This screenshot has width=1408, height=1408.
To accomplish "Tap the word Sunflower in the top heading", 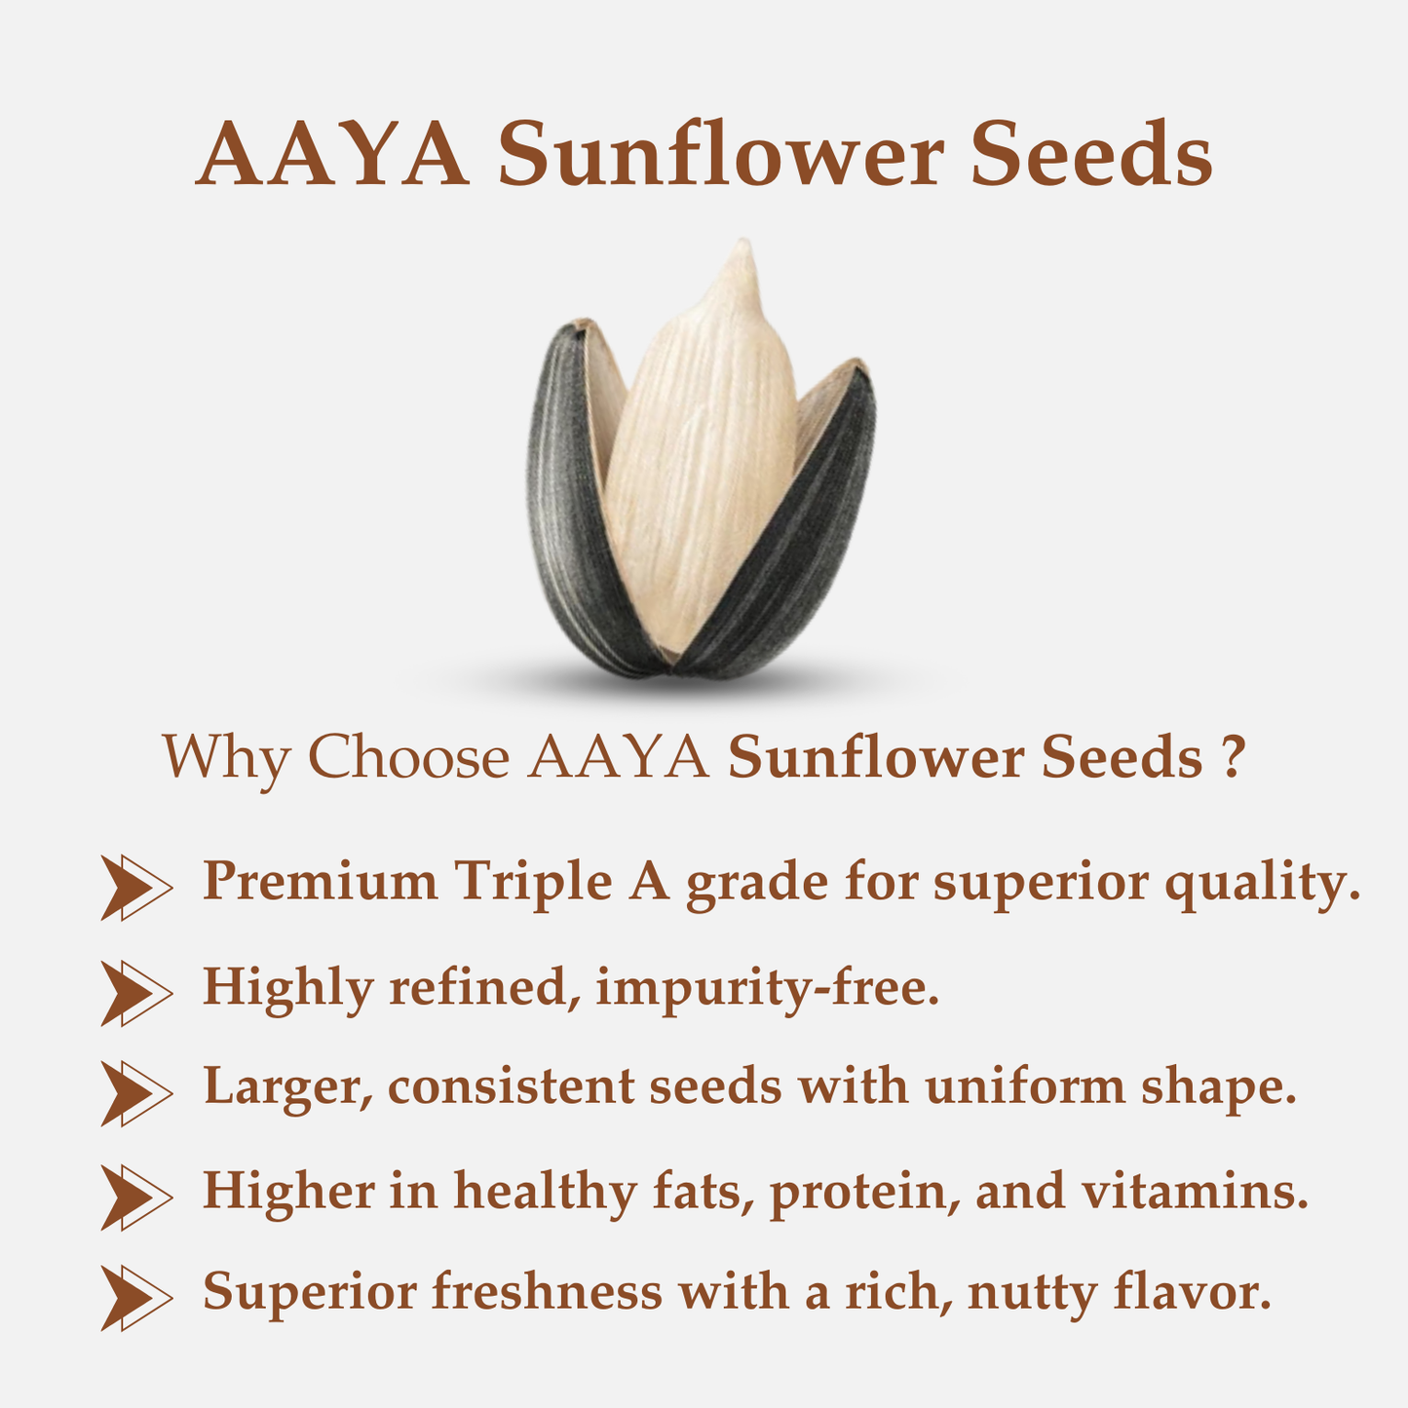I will [x=721, y=155].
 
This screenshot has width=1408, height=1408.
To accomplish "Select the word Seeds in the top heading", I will [x=1091, y=155].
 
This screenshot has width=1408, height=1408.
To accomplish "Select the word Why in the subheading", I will [x=225, y=757].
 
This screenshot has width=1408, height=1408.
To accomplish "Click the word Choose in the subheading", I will [x=408, y=757].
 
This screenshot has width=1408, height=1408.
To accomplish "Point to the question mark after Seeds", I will [x=1232, y=757].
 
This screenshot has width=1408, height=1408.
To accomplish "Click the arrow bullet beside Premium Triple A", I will [x=135, y=886].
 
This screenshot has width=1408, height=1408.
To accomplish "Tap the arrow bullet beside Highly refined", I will [x=135, y=992].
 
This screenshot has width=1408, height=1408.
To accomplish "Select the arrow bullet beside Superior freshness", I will [x=135, y=1297].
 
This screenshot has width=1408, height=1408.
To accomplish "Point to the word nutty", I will [x=1032, y=1294].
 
